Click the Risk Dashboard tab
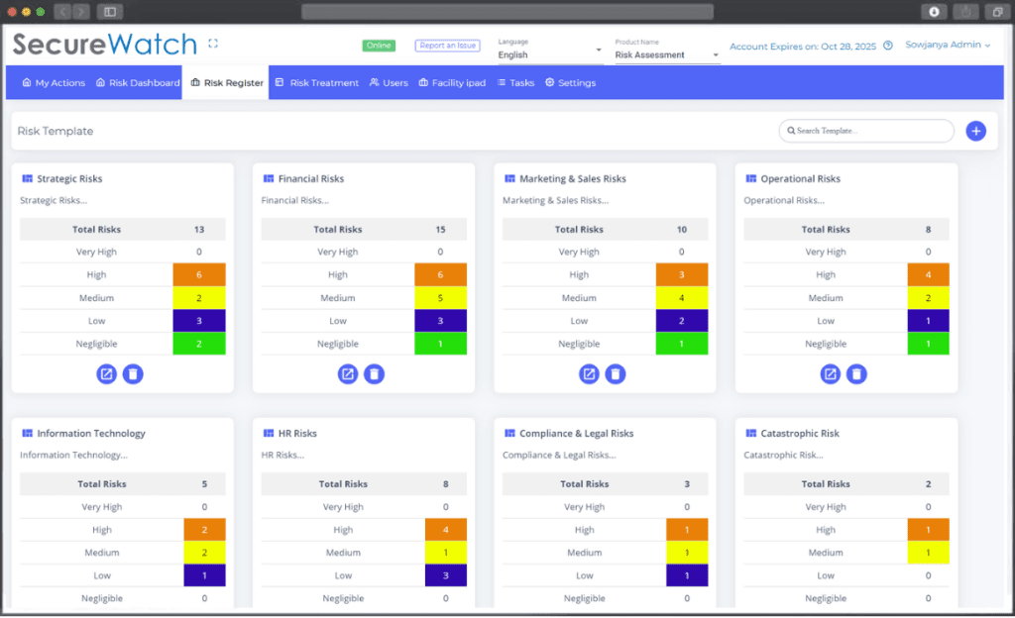pyautogui.click(x=138, y=83)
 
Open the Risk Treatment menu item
pyautogui.click(x=316, y=83)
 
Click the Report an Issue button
pyautogui.click(x=447, y=46)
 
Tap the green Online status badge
pyautogui.click(x=379, y=46)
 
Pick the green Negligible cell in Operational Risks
pyautogui.click(x=928, y=344)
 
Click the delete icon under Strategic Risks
pyautogui.click(x=133, y=374)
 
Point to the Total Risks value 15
pyautogui.click(x=440, y=230)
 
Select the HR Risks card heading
pyautogui.click(x=297, y=434)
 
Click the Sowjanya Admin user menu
pyautogui.click(x=947, y=46)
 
